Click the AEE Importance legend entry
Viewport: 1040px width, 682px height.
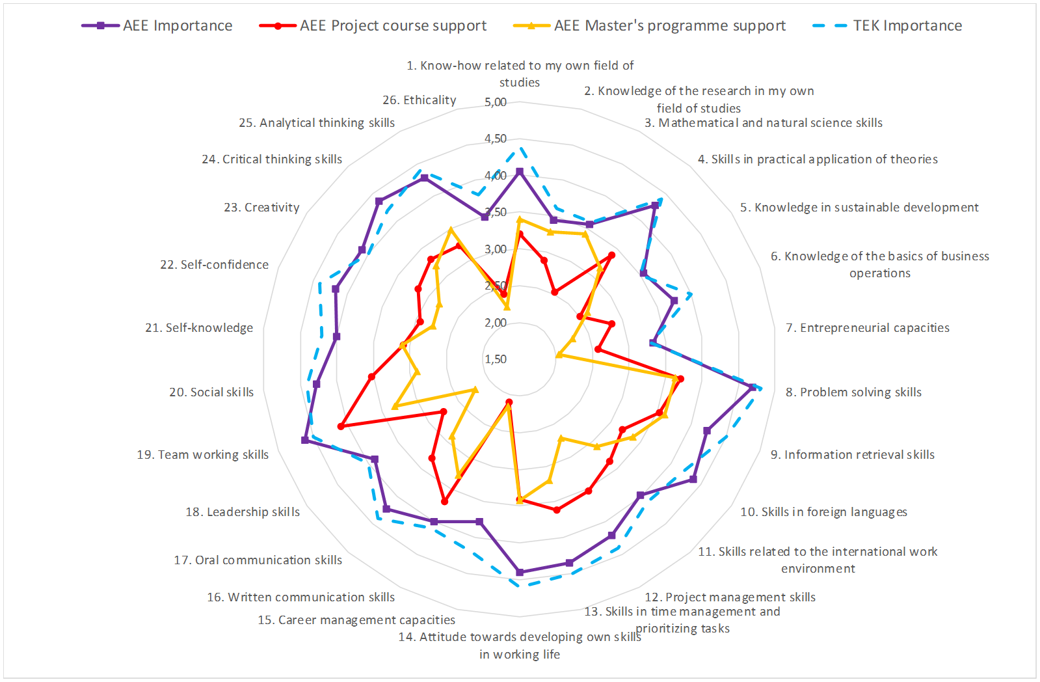[157, 26]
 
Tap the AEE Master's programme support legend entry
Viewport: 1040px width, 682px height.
[650, 26]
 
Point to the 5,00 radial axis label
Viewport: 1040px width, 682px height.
[496, 102]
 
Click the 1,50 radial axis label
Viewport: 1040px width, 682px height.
[496, 359]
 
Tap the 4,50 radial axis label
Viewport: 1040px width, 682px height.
[496, 139]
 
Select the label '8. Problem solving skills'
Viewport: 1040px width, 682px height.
[853, 392]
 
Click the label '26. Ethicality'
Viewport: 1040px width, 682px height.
[420, 100]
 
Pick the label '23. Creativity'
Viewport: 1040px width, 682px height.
[261, 208]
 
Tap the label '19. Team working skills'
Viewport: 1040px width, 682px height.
[202, 455]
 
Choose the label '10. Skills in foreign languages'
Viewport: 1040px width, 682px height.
[823, 512]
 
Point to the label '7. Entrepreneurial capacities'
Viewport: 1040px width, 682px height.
[868, 328]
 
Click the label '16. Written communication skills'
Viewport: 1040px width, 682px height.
[300, 597]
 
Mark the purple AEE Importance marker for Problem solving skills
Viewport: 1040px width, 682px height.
[753, 387]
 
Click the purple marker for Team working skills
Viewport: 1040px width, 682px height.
[305, 441]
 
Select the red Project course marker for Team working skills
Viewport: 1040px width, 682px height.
[341, 427]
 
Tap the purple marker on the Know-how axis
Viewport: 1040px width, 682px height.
[520, 172]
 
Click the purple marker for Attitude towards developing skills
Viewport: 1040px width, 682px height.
[520, 573]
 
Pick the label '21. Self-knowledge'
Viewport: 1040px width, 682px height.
[199, 328]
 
